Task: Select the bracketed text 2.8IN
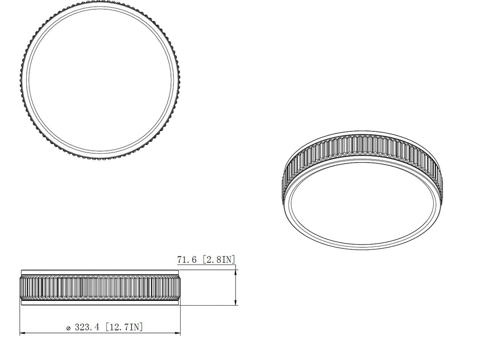(x=219, y=260)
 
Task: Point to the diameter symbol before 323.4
(x=68, y=328)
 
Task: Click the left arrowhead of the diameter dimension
(x=23, y=333)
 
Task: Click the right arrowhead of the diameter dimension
(x=178, y=333)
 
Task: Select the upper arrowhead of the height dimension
(x=235, y=272)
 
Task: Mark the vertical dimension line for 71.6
(x=235, y=287)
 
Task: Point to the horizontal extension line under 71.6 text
(x=208, y=269)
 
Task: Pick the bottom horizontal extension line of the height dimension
(x=208, y=305)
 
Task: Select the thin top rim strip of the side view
(x=100, y=272)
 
